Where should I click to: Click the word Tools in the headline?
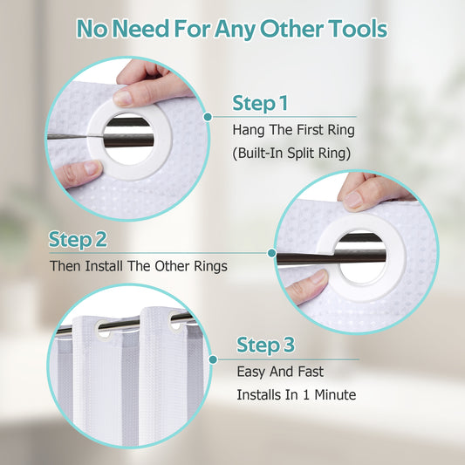coord(358,29)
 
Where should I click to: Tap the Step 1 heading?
coord(260,104)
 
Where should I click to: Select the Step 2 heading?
coord(78,240)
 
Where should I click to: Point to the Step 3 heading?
coord(266,345)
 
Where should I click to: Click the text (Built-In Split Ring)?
coord(291,154)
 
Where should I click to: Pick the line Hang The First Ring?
coord(294,130)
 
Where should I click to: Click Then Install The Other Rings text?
coord(139,266)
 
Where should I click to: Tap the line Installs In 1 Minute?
coord(297,394)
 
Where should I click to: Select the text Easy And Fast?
coord(280,372)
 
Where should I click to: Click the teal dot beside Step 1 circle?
coord(208,117)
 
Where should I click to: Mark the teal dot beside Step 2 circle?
coord(271,253)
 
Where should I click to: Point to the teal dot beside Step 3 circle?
coord(213,359)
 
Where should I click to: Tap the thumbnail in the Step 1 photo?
coord(92,168)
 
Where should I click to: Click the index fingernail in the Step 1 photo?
coord(123,99)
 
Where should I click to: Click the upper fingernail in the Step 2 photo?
coord(353,200)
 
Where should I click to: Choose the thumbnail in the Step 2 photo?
coord(318,277)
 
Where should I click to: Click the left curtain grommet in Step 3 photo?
coord(103,330)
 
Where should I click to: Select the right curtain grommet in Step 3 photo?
coord(175,321)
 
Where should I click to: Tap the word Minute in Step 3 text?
coord(335,394)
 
